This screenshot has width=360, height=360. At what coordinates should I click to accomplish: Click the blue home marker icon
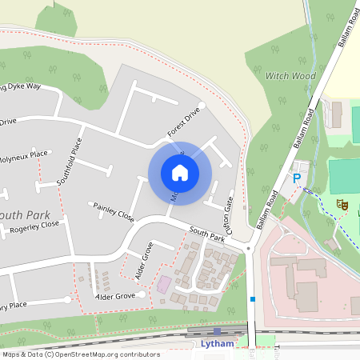pyautogui.click(x=179, y=172)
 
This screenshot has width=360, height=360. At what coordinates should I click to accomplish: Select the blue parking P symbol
pyautogui.click(x=297, y=178)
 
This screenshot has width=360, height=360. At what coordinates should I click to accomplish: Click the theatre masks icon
pyautogui.click(x=342, y=205)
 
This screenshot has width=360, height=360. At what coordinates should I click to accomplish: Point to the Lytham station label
pyautogui.click(x=218, y=344)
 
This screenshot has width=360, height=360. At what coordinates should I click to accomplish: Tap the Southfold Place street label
pyautogui.click(x=70, y=162)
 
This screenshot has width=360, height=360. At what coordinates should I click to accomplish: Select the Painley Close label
pyautogui.click(x=114, y=211)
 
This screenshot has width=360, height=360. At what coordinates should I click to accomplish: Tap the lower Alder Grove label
pyautogui.click(x=114, y=297)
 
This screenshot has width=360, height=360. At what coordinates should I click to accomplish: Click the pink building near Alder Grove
pyautogui.click(x=163, y=284)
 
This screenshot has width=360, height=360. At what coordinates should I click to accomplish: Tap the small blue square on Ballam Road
pyautogui.click(x=253, y=299)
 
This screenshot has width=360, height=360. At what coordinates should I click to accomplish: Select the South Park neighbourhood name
pyautogui.click(x=22, y=215)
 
